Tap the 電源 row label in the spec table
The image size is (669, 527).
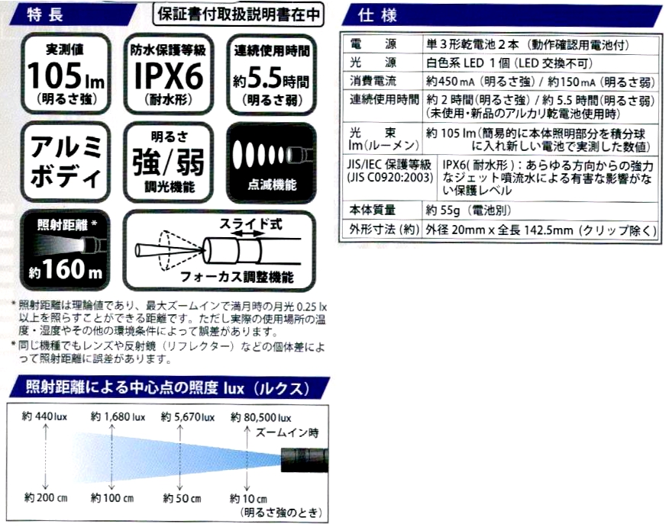tap(382, 43)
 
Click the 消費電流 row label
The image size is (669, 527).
tap(382, 80)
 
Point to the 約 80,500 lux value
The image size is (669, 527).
tap(260, 417)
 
